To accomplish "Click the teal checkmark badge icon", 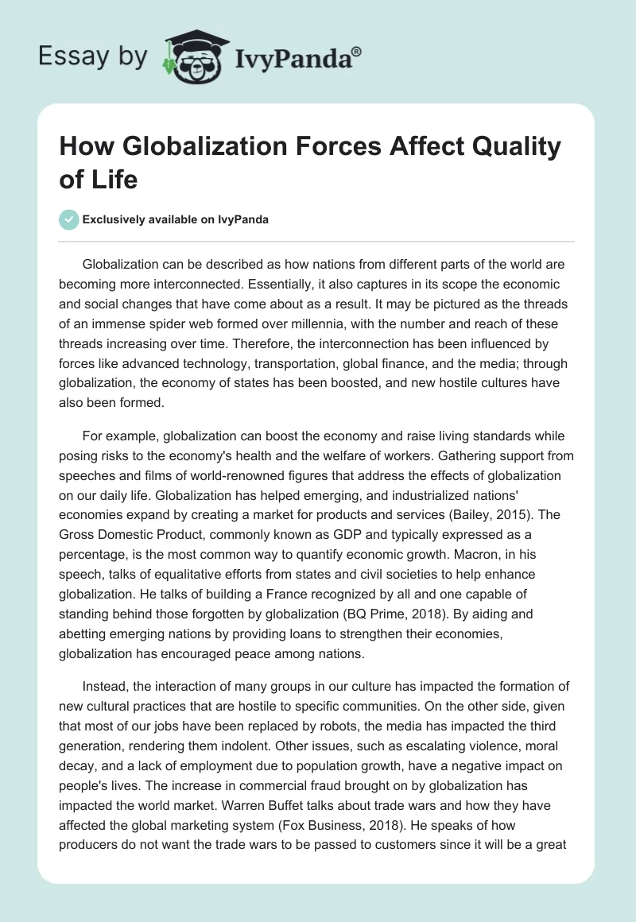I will click(69, 219).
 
